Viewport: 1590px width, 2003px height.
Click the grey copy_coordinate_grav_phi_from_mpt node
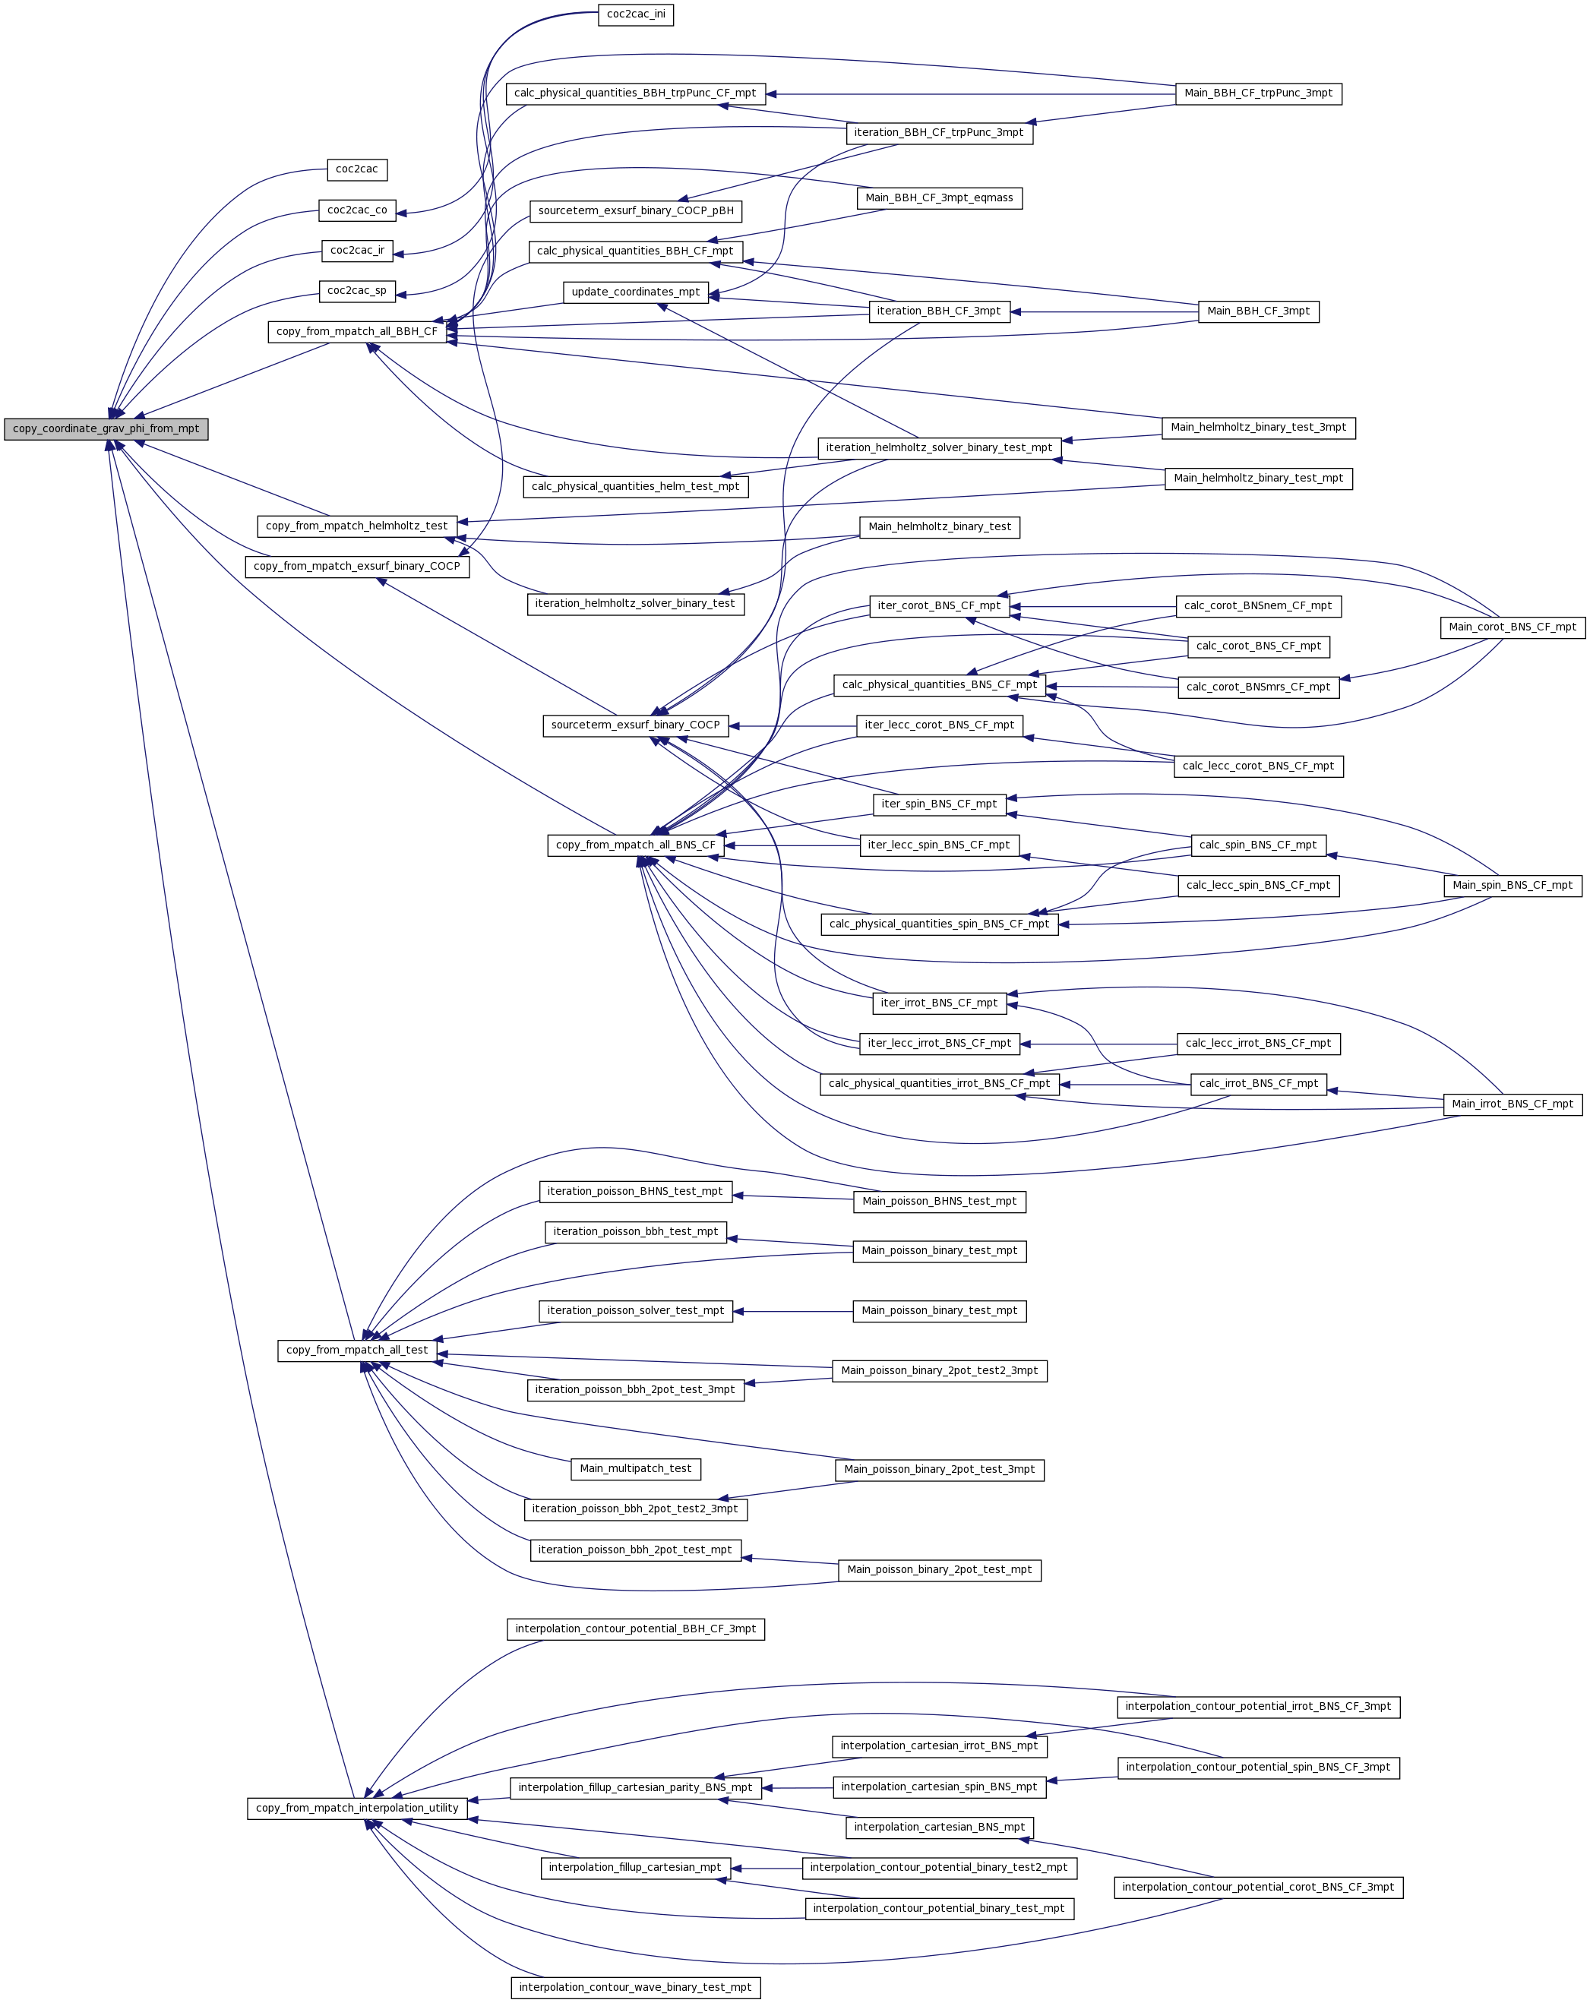pyautogui.click(x=106, y=429)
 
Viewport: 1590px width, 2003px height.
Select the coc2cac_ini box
pyautogui.click(x=636, y=15)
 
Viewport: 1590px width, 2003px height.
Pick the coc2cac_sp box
pyautogui.click(x=357, y=292)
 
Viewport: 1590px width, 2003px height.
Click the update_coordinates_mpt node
pyautogui.click(x=636, y=292)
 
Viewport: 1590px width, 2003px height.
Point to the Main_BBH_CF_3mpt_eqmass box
pyautogui.click(x=938, y=199)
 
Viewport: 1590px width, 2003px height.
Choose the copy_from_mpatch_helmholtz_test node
pyautogui.click(x=357, y=526)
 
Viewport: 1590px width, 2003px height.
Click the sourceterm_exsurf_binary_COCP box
pyautogui.click(x=636, y=725)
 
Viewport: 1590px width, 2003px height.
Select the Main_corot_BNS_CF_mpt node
pyautogui.click(x=1512, y=628)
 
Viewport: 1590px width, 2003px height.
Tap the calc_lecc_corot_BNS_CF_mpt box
pyautogui.click(x=1258, y=766)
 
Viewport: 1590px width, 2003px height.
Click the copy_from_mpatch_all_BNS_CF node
pyautogui.click(x=636, y=845)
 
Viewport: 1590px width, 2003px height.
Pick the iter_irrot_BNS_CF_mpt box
pyautogui.click(x=938, y=1003)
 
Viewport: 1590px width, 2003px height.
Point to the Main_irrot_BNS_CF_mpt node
pyautogui.click(x=1512, y=1104)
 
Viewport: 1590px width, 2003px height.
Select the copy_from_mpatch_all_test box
pyautogui.click(x=357, y=1351)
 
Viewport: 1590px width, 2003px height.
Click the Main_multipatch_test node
pyautogui.click(x=636, y=1469)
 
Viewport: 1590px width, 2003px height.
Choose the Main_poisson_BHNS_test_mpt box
pyautogui.click(x=938, y=1202)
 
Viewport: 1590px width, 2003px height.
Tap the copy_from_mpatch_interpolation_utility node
pyautogui.click(x=357, y=1809)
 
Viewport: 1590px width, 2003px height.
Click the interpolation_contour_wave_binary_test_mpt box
pyautogui.click(x=636, y=1988)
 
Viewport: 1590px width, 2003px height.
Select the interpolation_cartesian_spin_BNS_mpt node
pyautogui.click(x=938, y=1787)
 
